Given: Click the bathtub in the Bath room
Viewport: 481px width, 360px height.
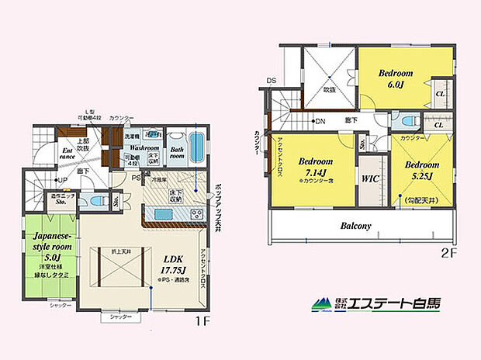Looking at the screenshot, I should (x=198, y=145).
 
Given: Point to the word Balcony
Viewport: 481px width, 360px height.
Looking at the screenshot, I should (x=357, y=226).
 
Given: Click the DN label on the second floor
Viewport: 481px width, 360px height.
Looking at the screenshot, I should (x=320, y=121).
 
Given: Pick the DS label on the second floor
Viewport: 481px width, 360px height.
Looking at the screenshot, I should (x=271, y=80).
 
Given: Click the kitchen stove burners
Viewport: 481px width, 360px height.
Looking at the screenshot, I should (x=198, y=214).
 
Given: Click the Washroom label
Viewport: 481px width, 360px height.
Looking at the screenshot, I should (x=144, y=146).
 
